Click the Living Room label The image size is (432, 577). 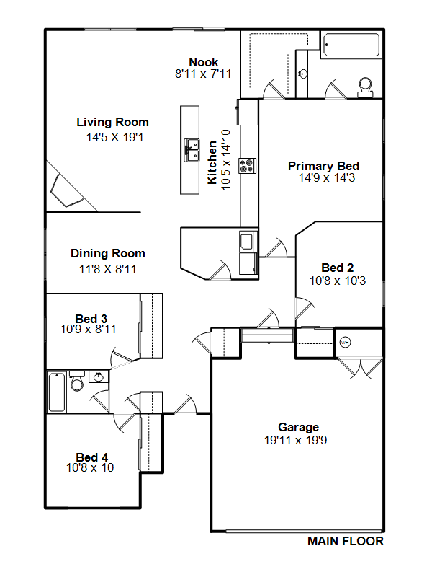tap(112, 122)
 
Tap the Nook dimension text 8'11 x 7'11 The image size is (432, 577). tap(203, 74)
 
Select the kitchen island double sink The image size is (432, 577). tap(192, 150)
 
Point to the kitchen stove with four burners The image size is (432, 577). tap(247, 166)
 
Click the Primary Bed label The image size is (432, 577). tap(323, 166)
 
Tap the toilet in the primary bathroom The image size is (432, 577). tap(365, 87)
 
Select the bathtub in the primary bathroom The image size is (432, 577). tap(351, 45)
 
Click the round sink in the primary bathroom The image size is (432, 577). tap(302, 74)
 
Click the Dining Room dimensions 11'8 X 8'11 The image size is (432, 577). tap(107, 269)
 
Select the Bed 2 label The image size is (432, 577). tap(337, 268)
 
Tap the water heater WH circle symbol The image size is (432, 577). tap(345, 343)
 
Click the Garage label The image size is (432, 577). tap(298, 427)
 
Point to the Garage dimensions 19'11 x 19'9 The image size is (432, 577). tap(295, 440)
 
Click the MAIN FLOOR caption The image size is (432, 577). tap(346, 541)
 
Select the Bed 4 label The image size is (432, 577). tap(92, 457)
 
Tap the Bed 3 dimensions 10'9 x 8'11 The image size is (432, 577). tap(88, 329)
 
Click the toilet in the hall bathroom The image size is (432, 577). tap(77, 382)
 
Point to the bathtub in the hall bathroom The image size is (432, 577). tap(57, 392)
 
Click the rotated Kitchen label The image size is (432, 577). tap(212, 162)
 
